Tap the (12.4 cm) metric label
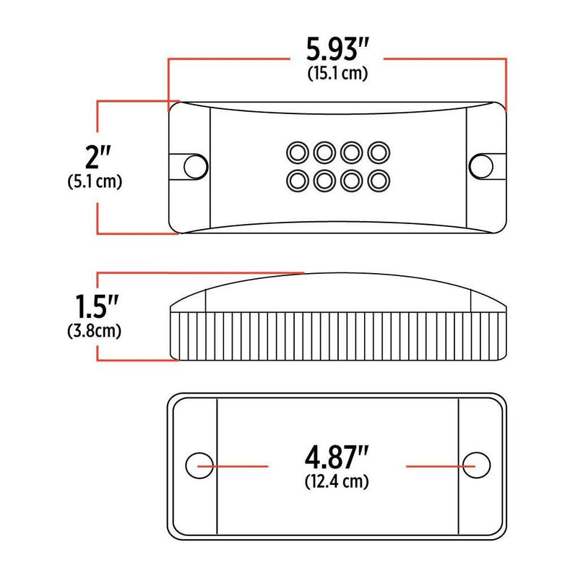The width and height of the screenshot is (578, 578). coord(337,481)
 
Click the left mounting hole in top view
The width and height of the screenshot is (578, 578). coord(193,165)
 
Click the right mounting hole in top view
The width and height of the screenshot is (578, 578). coord(479,165)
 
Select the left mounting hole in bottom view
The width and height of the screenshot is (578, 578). coord(199,465)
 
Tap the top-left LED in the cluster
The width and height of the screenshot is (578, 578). coord(297,152)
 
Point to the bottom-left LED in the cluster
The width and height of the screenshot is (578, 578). coord(297,178)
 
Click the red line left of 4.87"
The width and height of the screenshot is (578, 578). coord(238,466)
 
